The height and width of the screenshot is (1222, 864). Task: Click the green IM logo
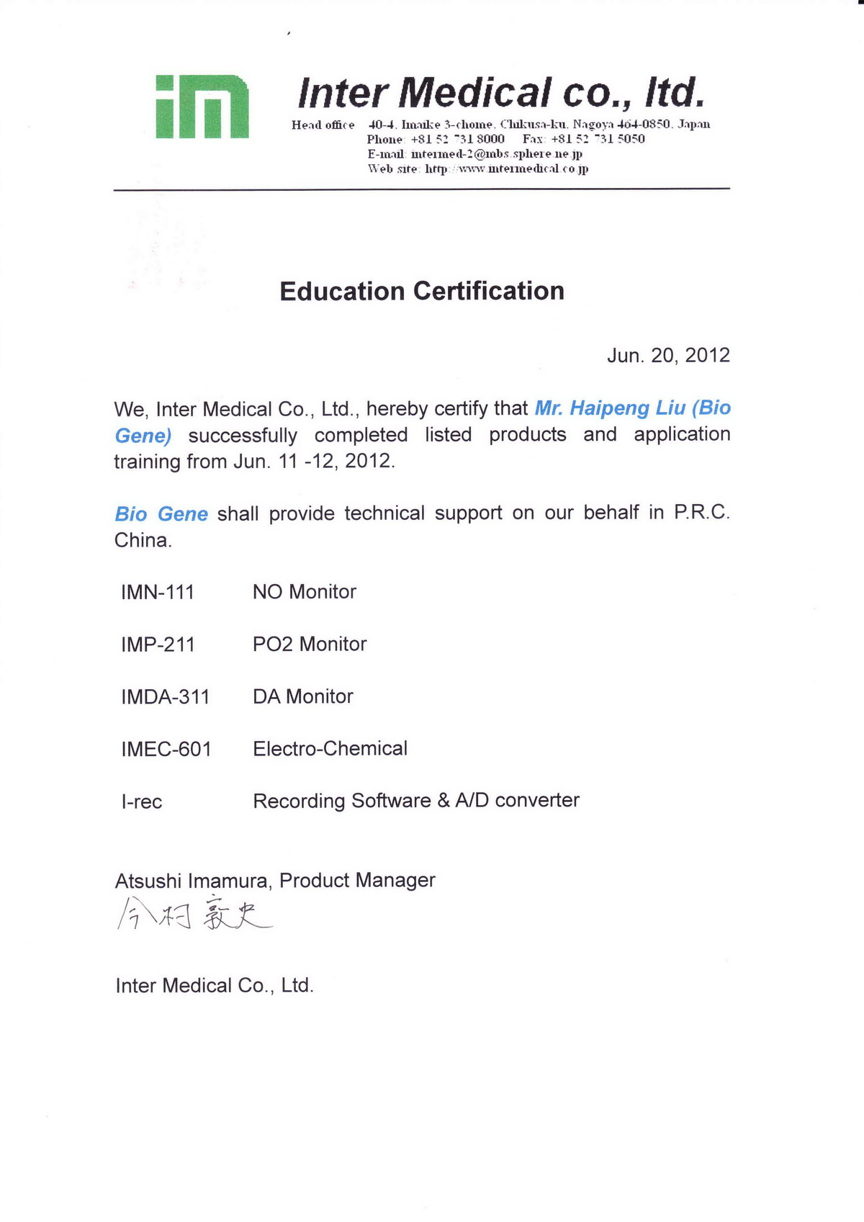click(x=202, y=106)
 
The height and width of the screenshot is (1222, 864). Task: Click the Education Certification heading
click(x=422, y=291)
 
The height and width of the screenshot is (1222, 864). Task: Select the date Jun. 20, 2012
click(x=668, y=355)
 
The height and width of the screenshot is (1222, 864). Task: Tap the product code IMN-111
click(x=158, y=592)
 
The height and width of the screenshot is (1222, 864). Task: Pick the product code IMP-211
click(x=158, y=644)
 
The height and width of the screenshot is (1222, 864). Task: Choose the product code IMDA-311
click(x=166, y=697)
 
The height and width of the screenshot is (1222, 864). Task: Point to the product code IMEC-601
click(x=166, y=749)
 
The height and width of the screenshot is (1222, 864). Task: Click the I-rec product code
click(x=142, y=801)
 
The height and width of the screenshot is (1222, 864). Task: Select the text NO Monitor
click(x=305, y=592)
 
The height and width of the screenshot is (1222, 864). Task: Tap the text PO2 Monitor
click(x=310, y=644)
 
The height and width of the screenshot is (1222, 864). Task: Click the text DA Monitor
click(x=303, y=696)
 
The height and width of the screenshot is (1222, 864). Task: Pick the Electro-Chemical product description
click(x=330, y=749)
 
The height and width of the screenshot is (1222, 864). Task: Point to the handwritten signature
click(x=194, y=914)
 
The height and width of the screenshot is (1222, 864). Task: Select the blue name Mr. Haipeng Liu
click(x=610, y=408)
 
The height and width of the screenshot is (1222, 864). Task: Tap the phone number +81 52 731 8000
click(x=457, y=139)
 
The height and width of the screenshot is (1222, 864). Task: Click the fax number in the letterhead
click(x=598, y=139)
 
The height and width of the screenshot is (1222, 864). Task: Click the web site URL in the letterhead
click(x=506, y=169)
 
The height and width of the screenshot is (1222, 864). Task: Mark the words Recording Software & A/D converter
click(x=416, y=801)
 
